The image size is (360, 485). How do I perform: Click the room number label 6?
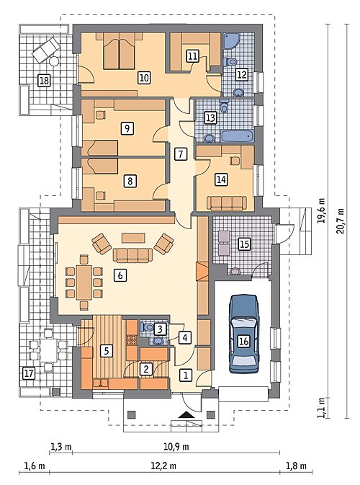(x=120, y=275)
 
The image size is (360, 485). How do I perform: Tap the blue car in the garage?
(x=243, y=334)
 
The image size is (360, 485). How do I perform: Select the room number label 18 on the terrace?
(x=44, y=81)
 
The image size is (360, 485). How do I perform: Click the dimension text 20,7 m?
(x=341, y=221)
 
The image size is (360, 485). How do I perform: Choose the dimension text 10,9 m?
(x=176, y=447)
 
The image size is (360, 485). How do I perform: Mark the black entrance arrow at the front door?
(x=186, y=415)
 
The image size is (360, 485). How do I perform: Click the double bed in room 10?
(x=119, y=51)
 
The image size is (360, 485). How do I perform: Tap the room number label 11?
(x=192, y=56)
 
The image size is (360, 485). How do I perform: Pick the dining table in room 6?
(x=84, y=282)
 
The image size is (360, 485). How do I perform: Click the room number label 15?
(x=244, y=244)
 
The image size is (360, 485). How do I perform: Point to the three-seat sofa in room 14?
(x=227, y=203)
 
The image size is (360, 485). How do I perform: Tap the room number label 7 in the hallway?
(x=181, y=153)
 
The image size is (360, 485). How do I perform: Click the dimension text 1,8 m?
(x=296, y=466)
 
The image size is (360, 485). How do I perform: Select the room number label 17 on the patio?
(x=29, y=373)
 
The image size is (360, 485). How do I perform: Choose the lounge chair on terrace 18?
(x=46, y=50)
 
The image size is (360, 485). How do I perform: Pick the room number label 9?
(x=127, y=128)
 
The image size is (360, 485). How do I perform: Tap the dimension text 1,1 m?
(x=322, y=408)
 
